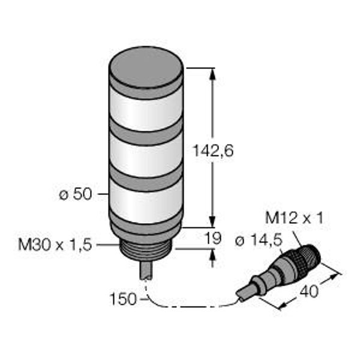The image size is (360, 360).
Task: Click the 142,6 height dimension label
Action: [213, 151]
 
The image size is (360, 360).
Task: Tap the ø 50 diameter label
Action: [76, 194]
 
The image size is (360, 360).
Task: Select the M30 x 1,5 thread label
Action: [55, 245]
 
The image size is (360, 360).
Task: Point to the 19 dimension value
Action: [213, 238]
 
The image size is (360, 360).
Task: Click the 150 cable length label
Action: [123, 299]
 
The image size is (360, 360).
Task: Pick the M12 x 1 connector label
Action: [295, 218]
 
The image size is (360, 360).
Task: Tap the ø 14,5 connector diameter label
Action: [259, 241]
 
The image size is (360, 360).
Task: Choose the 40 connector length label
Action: [310, 291]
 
